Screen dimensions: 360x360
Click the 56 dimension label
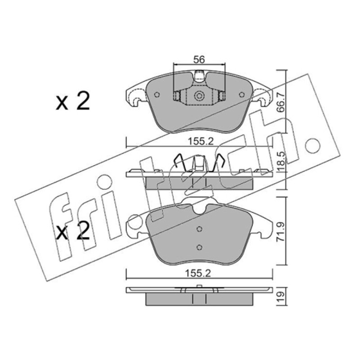click(x=199, y=59)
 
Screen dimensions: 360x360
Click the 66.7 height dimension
click(x=280, y=102)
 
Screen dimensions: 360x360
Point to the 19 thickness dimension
click(x=280, y=297)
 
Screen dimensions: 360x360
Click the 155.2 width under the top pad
click(x=201, y=141)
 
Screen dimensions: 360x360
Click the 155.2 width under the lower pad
click(x=198, y=273)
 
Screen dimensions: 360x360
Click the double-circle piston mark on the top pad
click(x=199, y=96)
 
